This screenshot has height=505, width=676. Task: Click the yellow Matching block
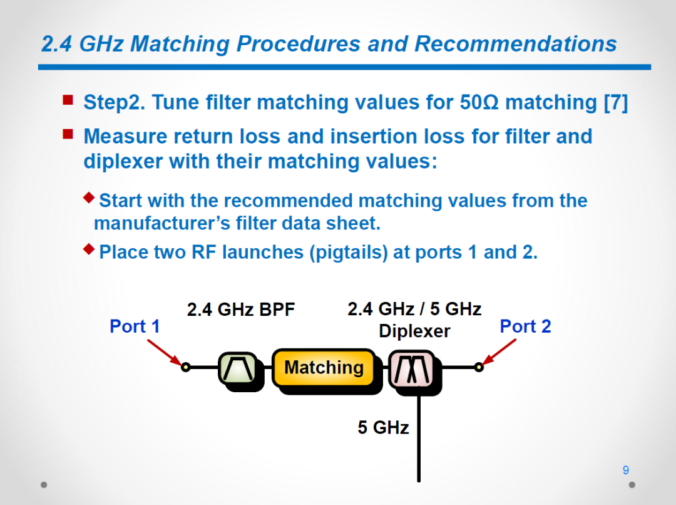tap(324, 368)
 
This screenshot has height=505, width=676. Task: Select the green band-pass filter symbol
tap(238, 368)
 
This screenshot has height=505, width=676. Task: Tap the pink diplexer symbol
tap(412, 370)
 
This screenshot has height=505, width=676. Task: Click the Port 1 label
tap(135, 326)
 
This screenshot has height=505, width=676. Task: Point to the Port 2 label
tap(525, 326)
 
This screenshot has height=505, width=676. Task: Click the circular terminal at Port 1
tap(185, 367)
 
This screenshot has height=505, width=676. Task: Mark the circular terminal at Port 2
tap(479, 367)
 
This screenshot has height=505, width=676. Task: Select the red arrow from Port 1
tap(165, 353)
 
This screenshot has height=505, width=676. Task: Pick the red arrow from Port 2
tap(499, 352)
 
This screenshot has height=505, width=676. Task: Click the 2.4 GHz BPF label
tap(240, 310)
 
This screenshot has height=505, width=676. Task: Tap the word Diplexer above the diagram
tap(414, 331)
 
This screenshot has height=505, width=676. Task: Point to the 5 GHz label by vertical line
tap(383, 427)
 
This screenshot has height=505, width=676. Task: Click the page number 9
tap(625, 470)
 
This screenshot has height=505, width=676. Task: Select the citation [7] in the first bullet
tap(616, 103)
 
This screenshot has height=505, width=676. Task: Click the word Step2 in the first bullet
tap(114, 103)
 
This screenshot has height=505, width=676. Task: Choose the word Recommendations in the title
tap(516, 44)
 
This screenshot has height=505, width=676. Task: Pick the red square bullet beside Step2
tap(68, 100)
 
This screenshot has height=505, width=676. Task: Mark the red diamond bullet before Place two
tap(89, 249)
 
